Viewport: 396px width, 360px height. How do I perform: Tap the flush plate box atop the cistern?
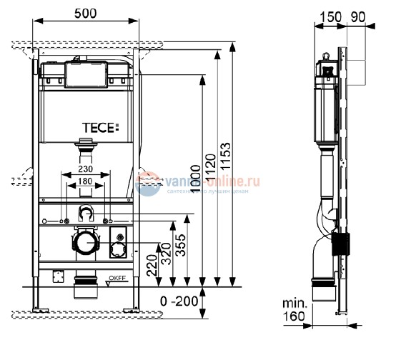click(86, 72)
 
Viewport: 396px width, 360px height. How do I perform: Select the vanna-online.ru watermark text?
click(207, 183)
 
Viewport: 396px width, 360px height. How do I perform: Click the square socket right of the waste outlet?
click(118, 249)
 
